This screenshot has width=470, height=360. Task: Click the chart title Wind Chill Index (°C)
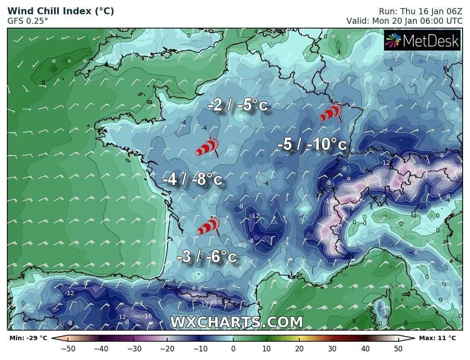(61, 11)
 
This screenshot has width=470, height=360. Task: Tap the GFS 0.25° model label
(28, 20)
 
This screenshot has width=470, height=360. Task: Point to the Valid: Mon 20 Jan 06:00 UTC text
(404, 20)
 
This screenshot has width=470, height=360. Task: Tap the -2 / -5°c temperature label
(238, 105)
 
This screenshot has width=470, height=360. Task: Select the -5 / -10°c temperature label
(312, 144)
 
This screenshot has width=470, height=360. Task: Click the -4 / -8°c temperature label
(192, 179)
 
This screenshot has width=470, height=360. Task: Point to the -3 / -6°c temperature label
(207, 257)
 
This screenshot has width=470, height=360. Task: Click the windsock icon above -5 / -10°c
(330, 112)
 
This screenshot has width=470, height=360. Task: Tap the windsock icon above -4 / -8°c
(206, 147)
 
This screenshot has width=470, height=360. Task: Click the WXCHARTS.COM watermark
(236, 322)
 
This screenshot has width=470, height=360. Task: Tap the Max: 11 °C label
(437, 338)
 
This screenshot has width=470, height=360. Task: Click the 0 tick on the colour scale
(233, 349)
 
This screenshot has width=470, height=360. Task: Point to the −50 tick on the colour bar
(68, 349)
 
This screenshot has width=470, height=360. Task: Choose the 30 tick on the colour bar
(332, 349)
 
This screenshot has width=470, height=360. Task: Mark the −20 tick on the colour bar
(167, 349)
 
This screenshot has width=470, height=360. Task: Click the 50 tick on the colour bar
(398, 349)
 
